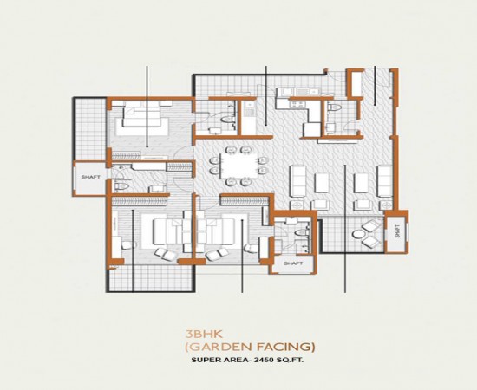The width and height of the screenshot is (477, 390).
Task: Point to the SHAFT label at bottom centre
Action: click(292, 263)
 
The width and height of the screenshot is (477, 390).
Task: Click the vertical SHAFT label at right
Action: click(397, 232)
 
